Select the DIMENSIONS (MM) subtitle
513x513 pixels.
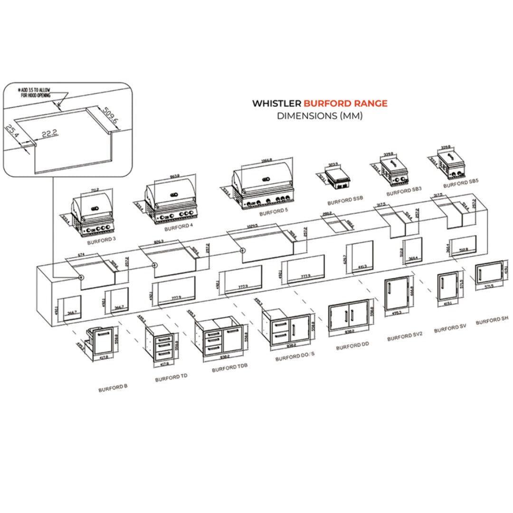(x=320, y=115)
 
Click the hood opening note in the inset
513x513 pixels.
(x=37, y=93)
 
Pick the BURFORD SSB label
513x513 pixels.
(x=345, y=198)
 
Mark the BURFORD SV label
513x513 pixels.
(x=446, y=328)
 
